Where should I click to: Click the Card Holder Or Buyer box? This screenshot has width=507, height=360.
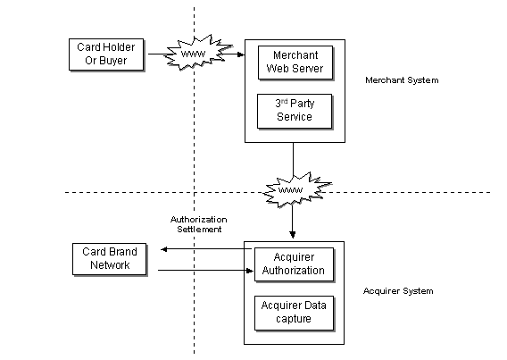tap(106, 54)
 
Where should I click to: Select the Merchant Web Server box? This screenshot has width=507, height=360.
tap(295, 63)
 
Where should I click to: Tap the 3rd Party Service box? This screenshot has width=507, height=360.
tap(295, 111)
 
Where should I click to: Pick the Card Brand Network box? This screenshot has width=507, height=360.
tap(110, 259)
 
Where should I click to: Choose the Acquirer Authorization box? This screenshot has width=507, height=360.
tap(294, 264)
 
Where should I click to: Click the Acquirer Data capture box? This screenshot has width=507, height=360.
tap(294, 313)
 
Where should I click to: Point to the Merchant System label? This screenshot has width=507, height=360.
tap(402, 80)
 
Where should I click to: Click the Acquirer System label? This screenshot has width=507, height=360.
tap(398, 291)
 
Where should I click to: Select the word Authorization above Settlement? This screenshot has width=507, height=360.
tap(198, 220)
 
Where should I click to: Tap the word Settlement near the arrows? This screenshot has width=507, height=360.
tap(199, 230)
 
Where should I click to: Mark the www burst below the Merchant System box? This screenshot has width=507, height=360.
tap(295, 190)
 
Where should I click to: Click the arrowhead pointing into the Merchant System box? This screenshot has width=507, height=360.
tap(241, 54)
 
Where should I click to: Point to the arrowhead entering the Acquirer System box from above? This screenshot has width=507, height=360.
tap(293, 235)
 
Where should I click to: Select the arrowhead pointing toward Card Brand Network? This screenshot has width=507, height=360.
tap(164, 249)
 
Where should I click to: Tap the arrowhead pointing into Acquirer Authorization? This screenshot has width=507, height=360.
tap(250, 271)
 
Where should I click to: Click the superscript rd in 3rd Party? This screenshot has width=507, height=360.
tap(284, 101)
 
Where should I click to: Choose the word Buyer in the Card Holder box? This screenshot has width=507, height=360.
tap(112, 61)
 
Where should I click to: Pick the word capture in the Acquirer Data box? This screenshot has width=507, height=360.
tap(294, 319)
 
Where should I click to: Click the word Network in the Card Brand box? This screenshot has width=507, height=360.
tap(110, 265)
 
